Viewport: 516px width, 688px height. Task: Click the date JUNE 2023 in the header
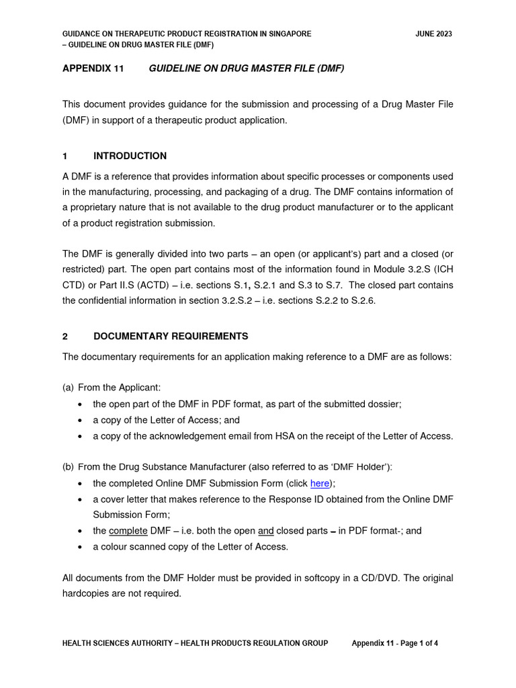[x=434, y=34]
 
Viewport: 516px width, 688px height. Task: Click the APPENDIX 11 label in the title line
[x=93, y=69]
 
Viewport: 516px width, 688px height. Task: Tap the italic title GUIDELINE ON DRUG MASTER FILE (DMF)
[x=246, y=69]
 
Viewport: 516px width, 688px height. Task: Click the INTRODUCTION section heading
[x=130, y=156]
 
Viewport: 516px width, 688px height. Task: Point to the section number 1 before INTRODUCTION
[x=65, y=156]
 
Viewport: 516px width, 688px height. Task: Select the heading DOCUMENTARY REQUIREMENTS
[x=171, y=336]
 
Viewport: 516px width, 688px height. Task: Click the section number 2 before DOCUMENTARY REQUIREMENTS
[x=65, y=336]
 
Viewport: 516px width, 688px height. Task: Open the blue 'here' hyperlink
[x=320, y=483]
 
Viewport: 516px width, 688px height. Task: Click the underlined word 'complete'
[x=128, y=531]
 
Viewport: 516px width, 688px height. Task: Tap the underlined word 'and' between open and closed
[x=266, y=531]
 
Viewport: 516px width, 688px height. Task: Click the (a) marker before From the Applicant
[x=68, y=388]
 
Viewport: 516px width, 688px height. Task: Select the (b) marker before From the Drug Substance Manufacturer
[x=68, y=466]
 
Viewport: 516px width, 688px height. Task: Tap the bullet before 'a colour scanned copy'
[x=81, y=547]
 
